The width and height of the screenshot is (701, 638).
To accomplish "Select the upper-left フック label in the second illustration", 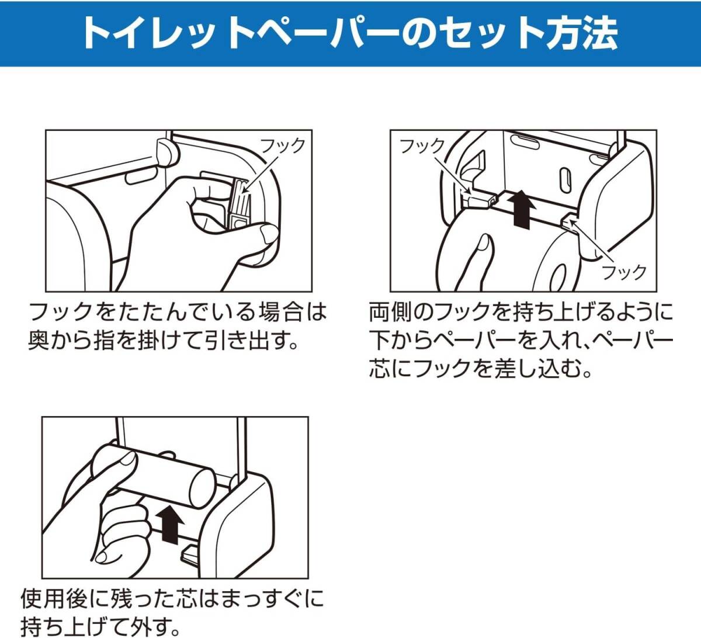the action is coord(422,146).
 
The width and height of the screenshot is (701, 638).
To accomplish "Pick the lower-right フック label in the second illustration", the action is coord(624,272).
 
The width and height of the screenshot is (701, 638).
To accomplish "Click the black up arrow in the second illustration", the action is coord(522,210).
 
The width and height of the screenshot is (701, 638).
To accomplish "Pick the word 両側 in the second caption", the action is coord(391,312).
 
